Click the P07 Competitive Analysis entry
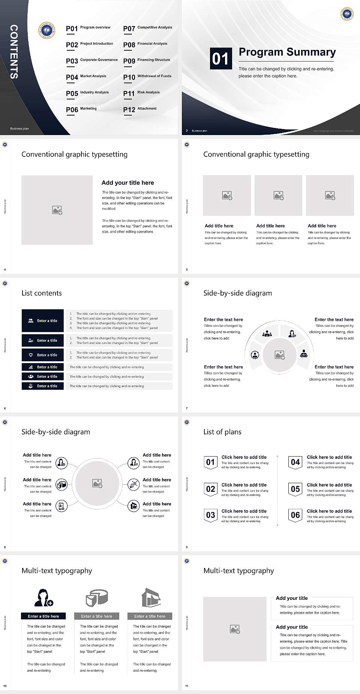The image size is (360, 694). (x=147, y=28)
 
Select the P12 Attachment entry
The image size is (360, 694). (x=140, y=109)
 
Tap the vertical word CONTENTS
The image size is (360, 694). (x=14, y=51)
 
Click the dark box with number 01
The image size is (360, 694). (x=220, y=59)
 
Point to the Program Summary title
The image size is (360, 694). (x=287, y=52)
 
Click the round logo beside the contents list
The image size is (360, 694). (x=47, y=30)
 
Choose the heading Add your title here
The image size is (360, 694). (x=127, y=183)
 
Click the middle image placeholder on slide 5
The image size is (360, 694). (x=278, y=195)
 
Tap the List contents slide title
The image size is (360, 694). (x=42, y=293)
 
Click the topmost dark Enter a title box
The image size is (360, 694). (x=43, y=321)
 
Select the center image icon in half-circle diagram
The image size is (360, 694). (x=279, y=355)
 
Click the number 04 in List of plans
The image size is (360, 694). (x=295, y=462)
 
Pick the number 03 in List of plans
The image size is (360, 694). (x=210, y=515)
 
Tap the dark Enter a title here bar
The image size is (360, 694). (x=43, y=616)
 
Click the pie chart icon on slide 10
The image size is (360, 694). (x=97, y=598)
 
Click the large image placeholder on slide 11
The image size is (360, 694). (x=235, y=629)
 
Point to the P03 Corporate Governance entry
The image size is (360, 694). (x=92, y=61)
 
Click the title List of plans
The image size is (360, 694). (x=222, y=432)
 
